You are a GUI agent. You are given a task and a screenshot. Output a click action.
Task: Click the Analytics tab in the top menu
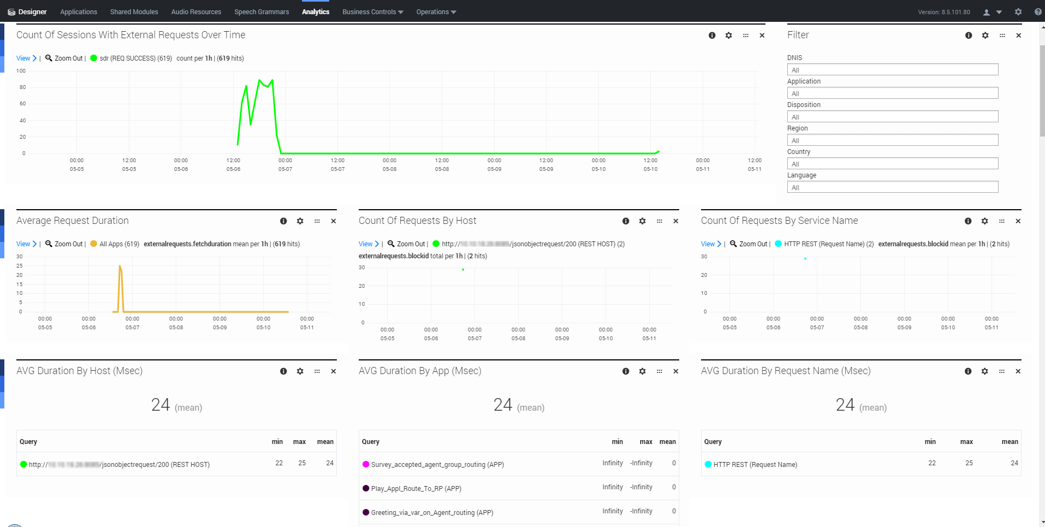pos(316,12)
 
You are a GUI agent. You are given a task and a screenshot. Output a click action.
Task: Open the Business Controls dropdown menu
pos(372,12)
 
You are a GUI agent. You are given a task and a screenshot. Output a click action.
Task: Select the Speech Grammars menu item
pos(262,12)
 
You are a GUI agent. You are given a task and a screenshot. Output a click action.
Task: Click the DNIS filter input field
pos(892,70)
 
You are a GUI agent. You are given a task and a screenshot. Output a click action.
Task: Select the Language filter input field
pos(892,187)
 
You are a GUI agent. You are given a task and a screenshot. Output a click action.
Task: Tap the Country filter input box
pos(892,164)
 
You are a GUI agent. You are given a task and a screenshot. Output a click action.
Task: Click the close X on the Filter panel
pos(1018,35)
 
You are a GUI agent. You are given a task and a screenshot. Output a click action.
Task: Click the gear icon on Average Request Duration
pos(300,221)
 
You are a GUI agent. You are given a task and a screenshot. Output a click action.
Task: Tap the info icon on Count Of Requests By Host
pos(626,221)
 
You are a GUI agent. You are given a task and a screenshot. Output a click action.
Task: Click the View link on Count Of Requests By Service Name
pos(708,244)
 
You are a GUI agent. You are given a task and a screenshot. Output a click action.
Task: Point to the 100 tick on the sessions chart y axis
pos(21,71)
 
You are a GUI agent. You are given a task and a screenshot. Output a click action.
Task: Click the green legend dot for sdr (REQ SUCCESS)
pos(94,58)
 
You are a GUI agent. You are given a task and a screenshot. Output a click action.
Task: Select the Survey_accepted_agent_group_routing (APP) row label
pos(437,465)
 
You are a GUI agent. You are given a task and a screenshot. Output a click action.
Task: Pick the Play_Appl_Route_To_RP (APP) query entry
pos(416,489)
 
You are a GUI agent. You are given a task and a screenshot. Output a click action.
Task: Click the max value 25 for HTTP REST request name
pos(969,463)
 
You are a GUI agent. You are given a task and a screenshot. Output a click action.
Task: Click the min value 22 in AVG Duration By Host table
pos(279,463)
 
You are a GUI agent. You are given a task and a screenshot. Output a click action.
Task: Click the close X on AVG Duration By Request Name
pos(1018,371)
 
